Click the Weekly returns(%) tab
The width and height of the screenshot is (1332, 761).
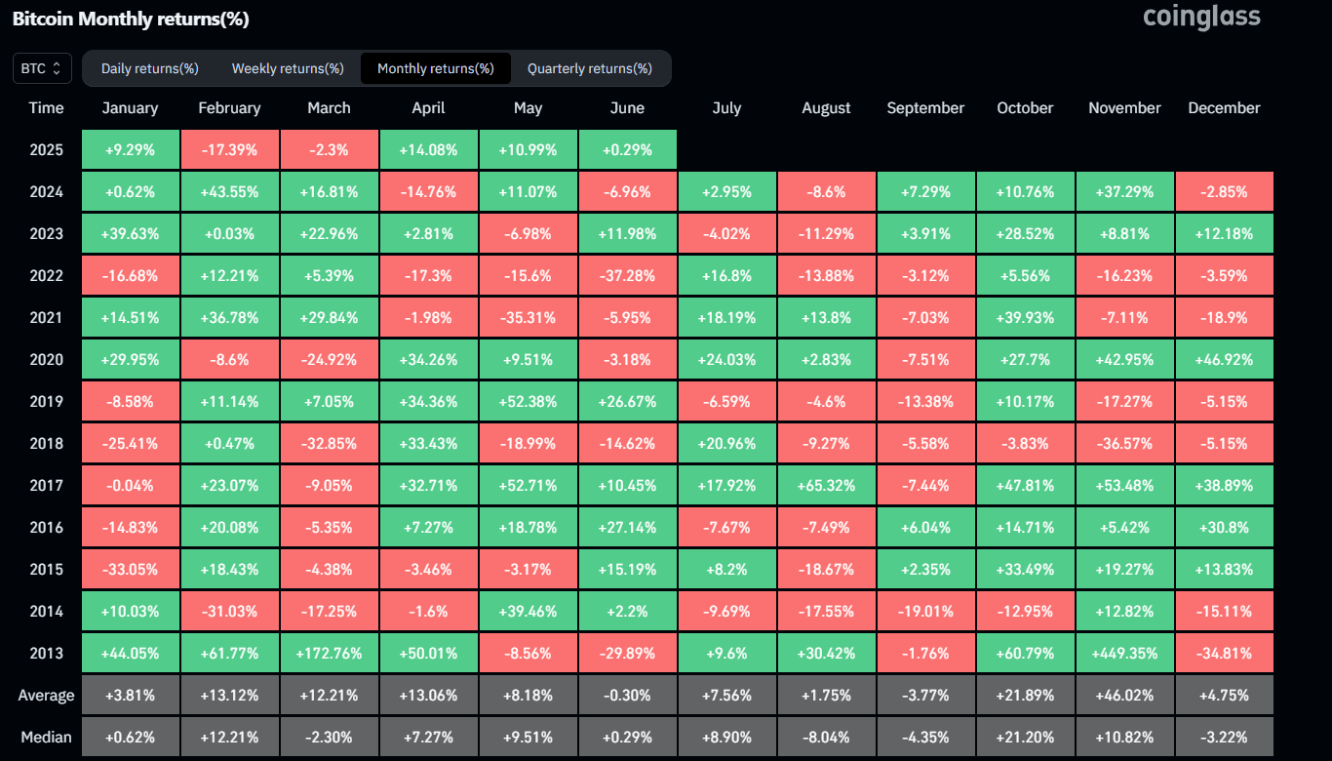[288, 68]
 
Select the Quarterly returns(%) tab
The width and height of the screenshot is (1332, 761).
[590, 68]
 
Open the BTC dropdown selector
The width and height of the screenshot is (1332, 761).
[42, 68]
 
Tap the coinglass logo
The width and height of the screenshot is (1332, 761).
[1201, 17]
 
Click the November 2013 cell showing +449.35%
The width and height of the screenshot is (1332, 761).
[1124, 653]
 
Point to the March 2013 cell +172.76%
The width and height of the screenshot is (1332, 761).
[329, 653]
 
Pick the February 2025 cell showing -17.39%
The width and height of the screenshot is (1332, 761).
[229, 150]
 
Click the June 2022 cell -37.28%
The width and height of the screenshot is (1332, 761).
[627, 276]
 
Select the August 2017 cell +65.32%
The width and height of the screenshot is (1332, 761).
[826, 485]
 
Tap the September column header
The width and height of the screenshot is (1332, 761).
[925, 108]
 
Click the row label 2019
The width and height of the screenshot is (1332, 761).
[46, 401]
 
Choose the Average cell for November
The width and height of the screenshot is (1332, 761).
[1124, 696]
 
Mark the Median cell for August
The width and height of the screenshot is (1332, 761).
[826, 737]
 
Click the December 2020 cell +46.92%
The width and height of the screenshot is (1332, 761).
[1224, 359]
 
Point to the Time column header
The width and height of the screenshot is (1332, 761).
[46, 108]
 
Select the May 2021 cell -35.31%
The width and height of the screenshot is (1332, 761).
[528, 317]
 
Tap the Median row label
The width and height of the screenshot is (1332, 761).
[46, 737]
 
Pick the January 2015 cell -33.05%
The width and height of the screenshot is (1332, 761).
[130, 569]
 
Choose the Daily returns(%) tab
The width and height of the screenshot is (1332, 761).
[150, 68]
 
